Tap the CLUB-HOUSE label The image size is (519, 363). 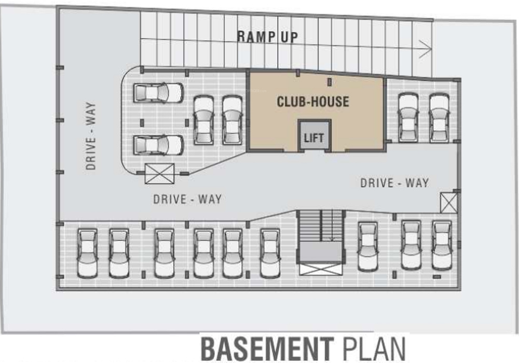coord(312,102)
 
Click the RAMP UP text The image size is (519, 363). coord(267,37)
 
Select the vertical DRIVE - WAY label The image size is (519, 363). coord(91,136)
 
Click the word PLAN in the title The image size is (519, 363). coord(373,349)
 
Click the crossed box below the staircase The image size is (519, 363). coord(320,269)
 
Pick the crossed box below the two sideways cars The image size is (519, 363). coord(159,174)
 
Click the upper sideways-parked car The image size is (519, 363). coord(158,93)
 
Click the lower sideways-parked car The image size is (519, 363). coord(158,145)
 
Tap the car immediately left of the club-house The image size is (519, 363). coord(232,120)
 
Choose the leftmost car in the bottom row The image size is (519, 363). coord(87,253)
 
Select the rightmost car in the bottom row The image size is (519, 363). coord(442,245)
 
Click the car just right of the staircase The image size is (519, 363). coord(367,246)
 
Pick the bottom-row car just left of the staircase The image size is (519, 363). coord(270,253)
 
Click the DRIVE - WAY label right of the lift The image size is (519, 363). coord(394,183)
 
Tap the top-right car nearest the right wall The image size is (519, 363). coord(439,118)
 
